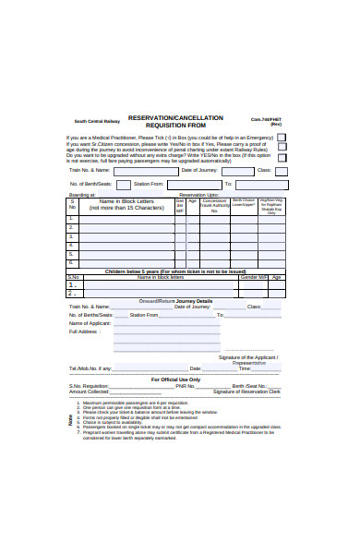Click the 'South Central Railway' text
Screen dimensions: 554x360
[97, 121]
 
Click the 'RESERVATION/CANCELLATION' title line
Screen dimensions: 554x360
[175, 117]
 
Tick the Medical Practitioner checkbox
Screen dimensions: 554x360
[282, 137]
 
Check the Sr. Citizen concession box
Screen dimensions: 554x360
[282, 147]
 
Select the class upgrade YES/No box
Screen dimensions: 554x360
[282, 158]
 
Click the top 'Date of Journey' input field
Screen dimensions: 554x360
[232, 171]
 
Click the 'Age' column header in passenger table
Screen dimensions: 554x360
[192, 200]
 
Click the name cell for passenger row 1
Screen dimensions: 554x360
[126, 218]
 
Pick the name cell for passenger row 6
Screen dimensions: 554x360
[126, 264]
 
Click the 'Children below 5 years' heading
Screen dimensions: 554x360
[174, 271]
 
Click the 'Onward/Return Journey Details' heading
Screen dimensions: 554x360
[175, 301]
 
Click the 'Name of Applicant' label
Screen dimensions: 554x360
[90, 323]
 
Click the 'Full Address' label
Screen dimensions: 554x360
[84, 331]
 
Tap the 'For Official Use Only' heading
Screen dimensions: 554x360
[175, 379]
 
